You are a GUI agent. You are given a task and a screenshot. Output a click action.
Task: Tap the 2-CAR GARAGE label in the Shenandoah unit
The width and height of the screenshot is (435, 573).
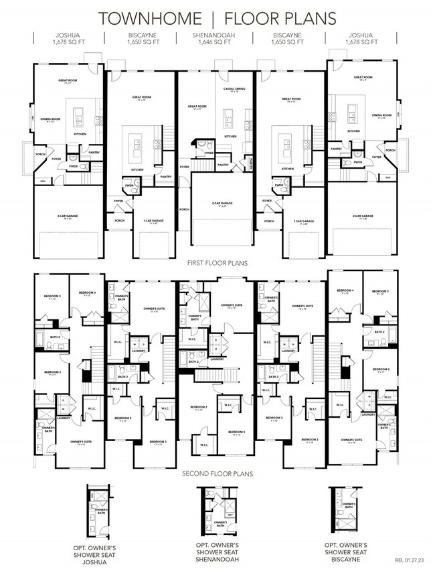pyautogui.click(x=215, y=203)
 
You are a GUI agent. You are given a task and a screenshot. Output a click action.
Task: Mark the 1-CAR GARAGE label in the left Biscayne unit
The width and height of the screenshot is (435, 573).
pyautogui.click(x=153, y=221)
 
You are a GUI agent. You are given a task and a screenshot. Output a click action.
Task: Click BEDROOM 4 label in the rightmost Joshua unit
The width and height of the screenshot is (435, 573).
pyautogui.click(x=346, y=291)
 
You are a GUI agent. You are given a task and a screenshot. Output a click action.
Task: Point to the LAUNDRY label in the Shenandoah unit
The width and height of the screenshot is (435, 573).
pyautogui.click(x=217, y=359)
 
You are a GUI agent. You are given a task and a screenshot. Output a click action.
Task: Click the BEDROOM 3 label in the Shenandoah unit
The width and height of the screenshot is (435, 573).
pyautogui.click(x=238, y=434)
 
